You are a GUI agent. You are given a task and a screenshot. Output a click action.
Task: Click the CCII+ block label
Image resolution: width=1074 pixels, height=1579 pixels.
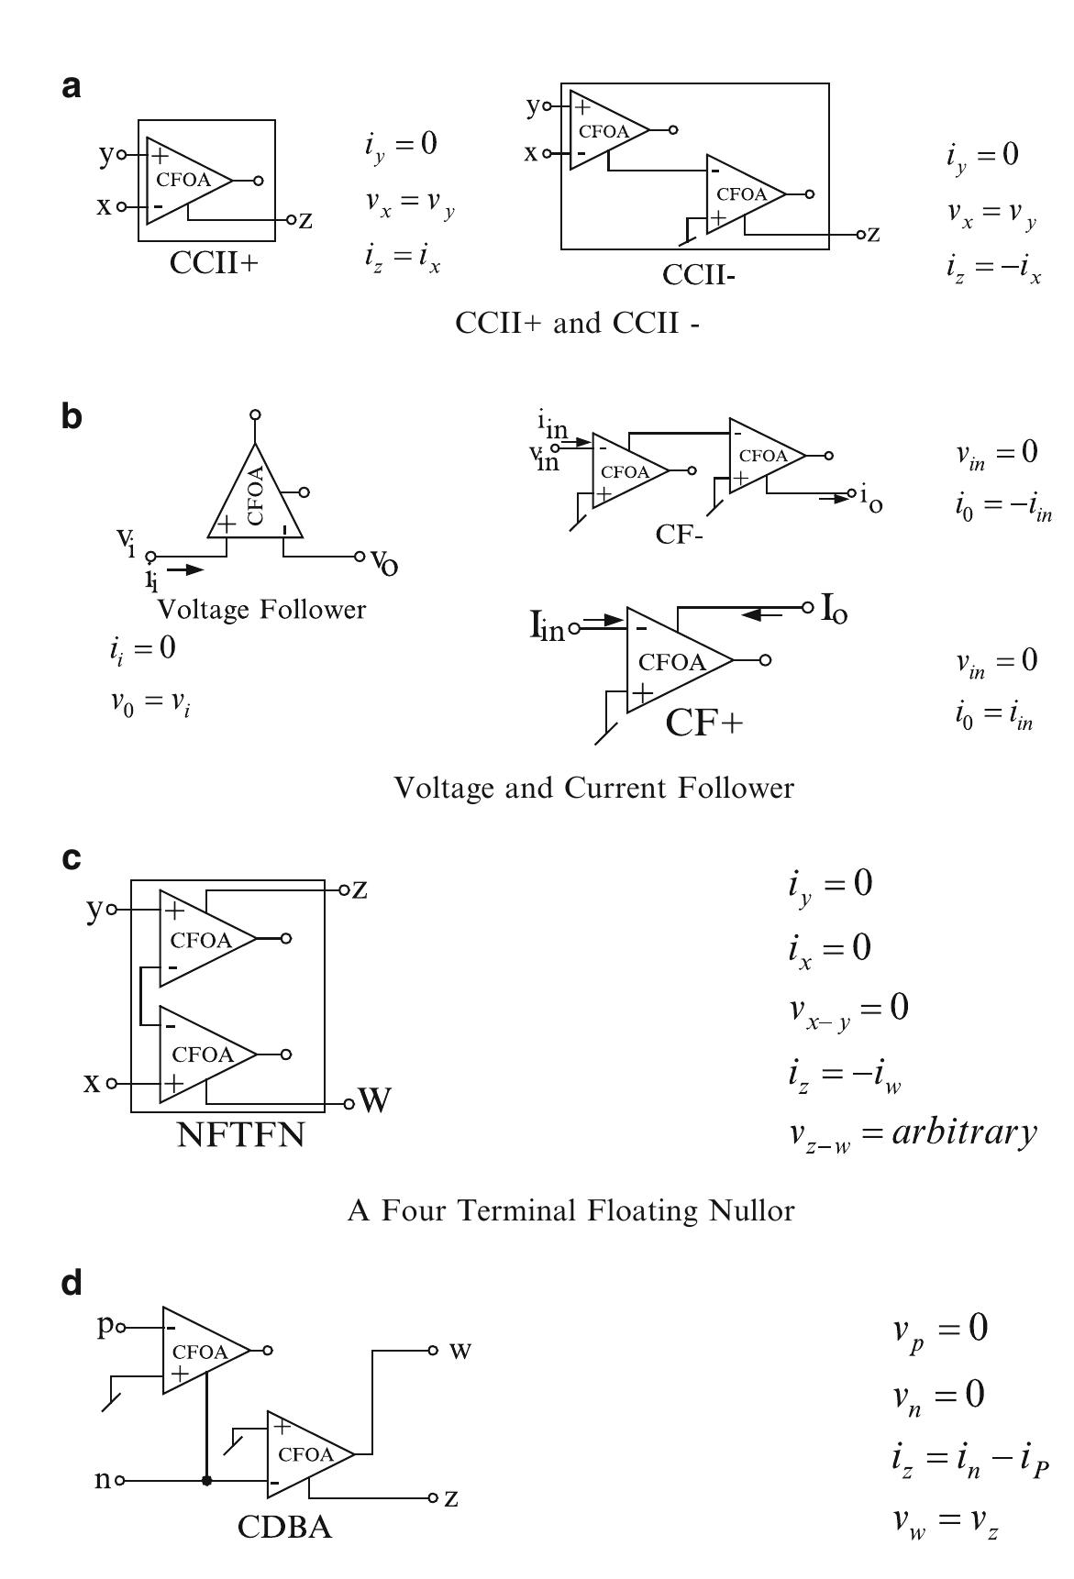pyautogui.click(x=214, y=262)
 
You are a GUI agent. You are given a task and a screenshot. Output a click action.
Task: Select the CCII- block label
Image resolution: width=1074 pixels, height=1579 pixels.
pyautogui.click(x=699, y=274)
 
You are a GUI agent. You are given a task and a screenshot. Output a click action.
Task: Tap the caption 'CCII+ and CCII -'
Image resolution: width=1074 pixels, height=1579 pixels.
pyautogui.click(x=578, y=323)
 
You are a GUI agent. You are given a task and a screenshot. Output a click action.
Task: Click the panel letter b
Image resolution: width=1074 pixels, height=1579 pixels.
pyautogui.click(x=72, y=417)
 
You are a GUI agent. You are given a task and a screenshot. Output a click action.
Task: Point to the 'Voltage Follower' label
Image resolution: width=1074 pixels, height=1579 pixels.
pyautogui.click(x=261, y=609)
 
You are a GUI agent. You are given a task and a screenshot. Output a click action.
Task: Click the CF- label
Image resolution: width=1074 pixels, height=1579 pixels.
pyautogui.click(x=679, y=534)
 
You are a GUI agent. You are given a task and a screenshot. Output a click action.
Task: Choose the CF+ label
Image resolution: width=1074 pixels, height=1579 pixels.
pyautogui.click(x=703, y=723)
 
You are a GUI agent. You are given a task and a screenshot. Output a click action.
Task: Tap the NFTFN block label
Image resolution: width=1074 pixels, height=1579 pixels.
pyautogui.click(x=240, y=1135)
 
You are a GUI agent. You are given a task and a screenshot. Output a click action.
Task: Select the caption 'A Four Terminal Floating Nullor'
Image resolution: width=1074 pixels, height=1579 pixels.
pyautogui.click(x=570, y=1210)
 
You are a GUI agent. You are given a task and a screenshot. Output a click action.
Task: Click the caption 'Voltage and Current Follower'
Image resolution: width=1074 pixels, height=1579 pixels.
pyautogui.click(x=593, y=787)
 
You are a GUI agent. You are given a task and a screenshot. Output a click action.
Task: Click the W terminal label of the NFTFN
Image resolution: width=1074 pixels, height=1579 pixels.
pyautogui.click(x=375, y=1100)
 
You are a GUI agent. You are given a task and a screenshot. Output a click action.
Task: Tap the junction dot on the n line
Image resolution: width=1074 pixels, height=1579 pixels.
pyautogui.click(x=206, y=1481)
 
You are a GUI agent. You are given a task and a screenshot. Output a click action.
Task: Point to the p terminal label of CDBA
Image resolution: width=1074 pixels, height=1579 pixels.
pyautogui.click(x=105, y=1327)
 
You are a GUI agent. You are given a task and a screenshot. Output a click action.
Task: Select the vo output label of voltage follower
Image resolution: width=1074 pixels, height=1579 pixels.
pyautogui.click(x=384, y=559)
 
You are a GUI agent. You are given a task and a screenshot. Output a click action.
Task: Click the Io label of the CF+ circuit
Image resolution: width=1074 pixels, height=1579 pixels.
pyautogui.click(x=834, y=609)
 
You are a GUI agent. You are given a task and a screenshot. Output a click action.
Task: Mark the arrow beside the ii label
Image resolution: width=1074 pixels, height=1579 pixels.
pyautogui.click(x=187, y=569)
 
